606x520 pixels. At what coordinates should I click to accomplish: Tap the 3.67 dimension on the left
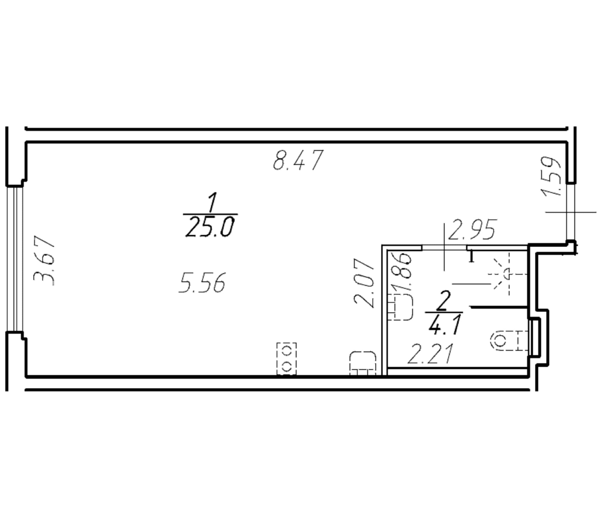coord(44,261)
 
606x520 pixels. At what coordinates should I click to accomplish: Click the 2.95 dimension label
coord(473,229)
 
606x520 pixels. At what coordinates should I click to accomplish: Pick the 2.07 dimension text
coord(364,283)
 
